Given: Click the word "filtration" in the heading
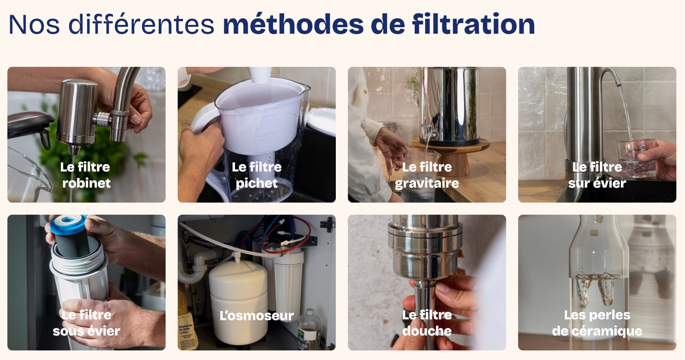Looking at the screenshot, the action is pos(473,24).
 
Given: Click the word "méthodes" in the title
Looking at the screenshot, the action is pos(293,24).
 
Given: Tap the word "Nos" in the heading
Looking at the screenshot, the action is pos(34,24).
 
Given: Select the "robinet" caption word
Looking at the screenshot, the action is pos(87,183).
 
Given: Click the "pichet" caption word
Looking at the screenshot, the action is pos(256,183).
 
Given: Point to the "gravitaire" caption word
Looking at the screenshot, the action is pos(427,183).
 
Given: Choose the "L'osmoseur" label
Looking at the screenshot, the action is pos(256,316).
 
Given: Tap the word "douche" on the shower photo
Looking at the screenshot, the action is pos(427,331).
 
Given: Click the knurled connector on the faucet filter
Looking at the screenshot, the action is pos(102,119).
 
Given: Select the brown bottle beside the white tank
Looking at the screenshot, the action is pos(310,329).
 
